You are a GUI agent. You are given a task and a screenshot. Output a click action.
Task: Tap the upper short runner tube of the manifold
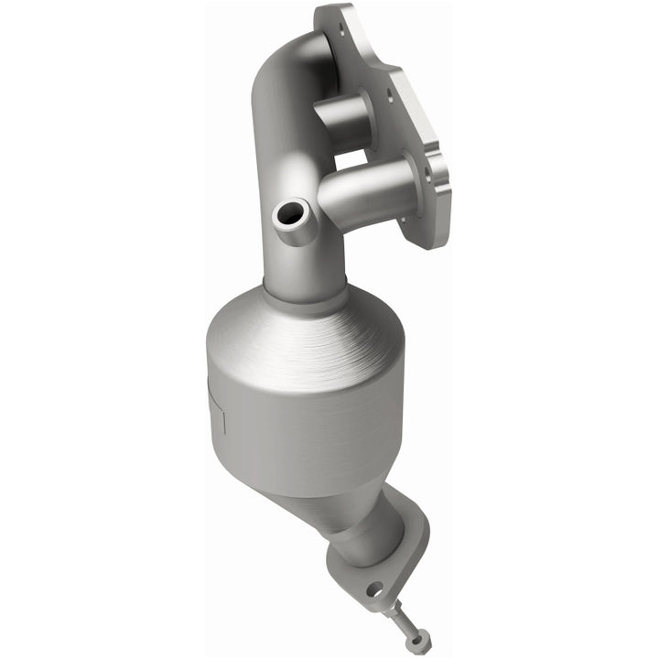pyautogui.click(x=342, y=120)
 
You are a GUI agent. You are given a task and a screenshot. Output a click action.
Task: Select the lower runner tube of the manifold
pyautogui.click(x=366, y=192)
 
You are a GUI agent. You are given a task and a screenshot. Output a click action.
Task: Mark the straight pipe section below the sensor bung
pyautogui.click(x=291, y=261)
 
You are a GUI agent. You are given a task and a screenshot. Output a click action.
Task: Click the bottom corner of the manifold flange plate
pyautogui.click(x=434, y=242)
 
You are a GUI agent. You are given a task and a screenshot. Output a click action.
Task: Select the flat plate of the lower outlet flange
pyautogui.click(x=403, y=558)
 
